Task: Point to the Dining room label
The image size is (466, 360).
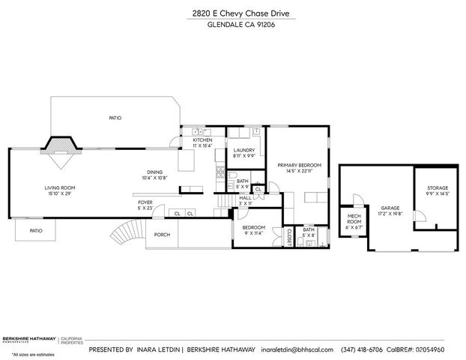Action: (155, 174)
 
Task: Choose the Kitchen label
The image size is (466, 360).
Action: (202, 142)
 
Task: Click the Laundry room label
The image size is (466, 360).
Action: (244, 153)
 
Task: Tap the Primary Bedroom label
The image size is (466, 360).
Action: (299, 167)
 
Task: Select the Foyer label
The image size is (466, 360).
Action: (145, 205)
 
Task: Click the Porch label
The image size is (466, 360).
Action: (162, 234)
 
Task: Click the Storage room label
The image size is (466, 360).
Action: (438, 190)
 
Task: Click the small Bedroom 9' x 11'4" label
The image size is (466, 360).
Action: (254, 229)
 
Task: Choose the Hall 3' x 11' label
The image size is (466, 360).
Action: (244, 199)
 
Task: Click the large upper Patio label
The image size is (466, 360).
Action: (115, 118)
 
